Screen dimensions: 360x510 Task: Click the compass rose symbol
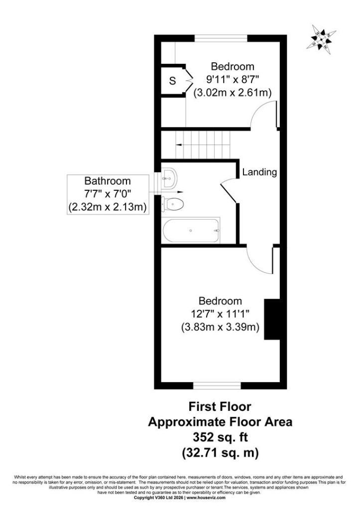[x=321, y=39]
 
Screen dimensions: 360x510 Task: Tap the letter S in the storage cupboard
[x=172, y=81]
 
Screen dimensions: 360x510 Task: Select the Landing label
[x=259, y=172]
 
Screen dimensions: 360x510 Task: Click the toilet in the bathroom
[x=173, y=204]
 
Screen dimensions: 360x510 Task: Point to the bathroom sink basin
[x=169, y=178]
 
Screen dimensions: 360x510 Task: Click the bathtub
[x=191, y=230]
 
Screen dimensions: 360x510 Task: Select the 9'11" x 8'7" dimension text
[x=233, y=79]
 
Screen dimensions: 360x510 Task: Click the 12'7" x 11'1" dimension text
[x=220, y=314]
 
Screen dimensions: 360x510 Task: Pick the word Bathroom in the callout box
[x=108, y=181]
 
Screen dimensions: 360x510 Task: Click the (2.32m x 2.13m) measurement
[x=108, y=207]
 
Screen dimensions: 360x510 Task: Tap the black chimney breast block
[x=272, y=319]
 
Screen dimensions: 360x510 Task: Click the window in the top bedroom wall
[x=221, y=38]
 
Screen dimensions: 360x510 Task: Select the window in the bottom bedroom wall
[x=217, y=386]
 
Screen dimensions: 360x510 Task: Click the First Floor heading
[x=220, y=406]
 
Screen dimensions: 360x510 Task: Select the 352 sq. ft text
[x=220, y=437]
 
